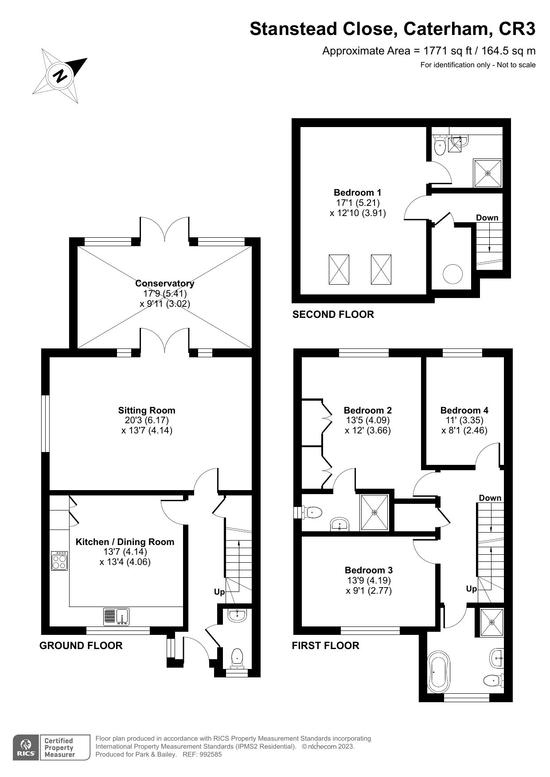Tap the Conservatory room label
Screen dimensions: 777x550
[x=164, y=283]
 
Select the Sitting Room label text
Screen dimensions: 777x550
[x=146, y=410]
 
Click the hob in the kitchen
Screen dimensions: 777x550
[x=59, y=561]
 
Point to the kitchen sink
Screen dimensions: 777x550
[x=117, y=617]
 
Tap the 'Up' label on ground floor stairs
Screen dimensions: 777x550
[x=219, y=592]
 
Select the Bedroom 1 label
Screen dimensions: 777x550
[x=357, y=193]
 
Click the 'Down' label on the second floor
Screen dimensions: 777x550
[x=487, y=218]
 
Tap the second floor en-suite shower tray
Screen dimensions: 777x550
[x=488, y=173]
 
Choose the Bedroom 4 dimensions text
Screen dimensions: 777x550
[x=464, y=425]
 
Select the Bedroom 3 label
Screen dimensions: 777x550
[x=369, y=570]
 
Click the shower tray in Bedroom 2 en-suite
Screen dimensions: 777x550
[x=374, y=512]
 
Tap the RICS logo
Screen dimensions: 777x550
[x=26, y=748]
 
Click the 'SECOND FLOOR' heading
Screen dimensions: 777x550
[x=333, y=314]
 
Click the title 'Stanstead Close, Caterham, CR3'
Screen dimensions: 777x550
[x=392, y=29]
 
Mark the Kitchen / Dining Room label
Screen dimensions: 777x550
[x=125, y=542]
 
